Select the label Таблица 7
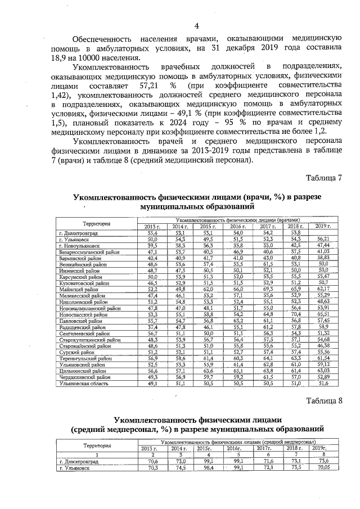pos(323,178)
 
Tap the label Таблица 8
pos(323,432)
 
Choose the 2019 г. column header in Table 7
pos(323,226)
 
